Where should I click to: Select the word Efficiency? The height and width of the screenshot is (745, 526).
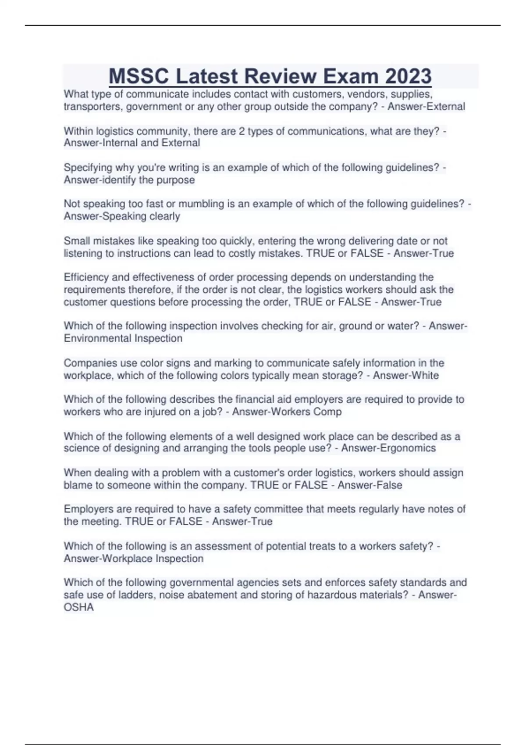coord(85,277)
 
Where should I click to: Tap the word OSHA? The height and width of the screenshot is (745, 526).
coord(79,607)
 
